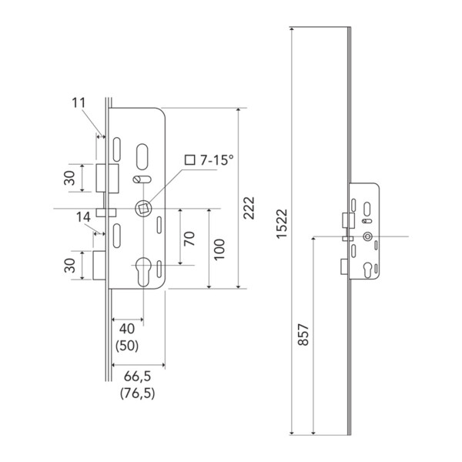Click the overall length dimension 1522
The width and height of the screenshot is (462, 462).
(282, 223)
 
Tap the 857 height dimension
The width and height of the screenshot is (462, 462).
(303, 334)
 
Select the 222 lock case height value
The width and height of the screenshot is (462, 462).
(249, 208)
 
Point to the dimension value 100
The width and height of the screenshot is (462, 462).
(219, 249)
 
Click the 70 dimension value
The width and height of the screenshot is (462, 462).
(189, 239)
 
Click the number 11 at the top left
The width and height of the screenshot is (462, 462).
(79, 103)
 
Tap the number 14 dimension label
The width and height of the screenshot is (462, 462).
(83, 217)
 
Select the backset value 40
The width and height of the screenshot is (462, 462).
(127, 329)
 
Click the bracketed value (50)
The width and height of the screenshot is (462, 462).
(127, 346)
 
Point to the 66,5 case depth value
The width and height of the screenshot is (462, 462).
(137, 377)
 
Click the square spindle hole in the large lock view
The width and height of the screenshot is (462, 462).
(143, 209)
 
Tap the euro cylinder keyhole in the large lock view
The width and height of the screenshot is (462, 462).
(143, 272)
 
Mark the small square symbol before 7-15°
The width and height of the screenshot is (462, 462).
(190, 160)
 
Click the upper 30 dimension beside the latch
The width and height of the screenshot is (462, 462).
(70, 178)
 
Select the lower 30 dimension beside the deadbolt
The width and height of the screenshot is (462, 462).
(70, 265)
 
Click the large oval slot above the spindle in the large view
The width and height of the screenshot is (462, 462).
(142, 157)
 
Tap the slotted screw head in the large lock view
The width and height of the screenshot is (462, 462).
(137, 179)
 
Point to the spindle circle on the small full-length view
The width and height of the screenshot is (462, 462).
(367, 236)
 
